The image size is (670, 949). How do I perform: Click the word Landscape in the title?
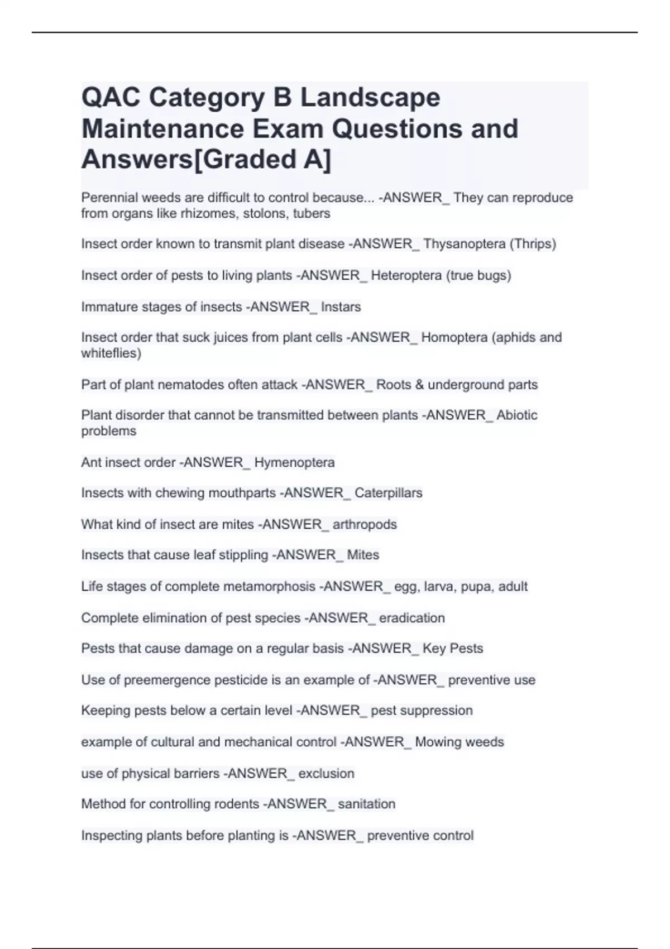point(370,98)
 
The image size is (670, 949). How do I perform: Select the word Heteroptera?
point(406,275)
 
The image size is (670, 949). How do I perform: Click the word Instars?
point(341,307)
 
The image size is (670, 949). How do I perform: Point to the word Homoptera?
point(454,338)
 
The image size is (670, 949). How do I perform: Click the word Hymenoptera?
point(294,462)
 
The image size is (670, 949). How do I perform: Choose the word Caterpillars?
point(388,493)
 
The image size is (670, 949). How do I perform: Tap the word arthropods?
point(365,524)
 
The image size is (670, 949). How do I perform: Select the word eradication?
point(411,618)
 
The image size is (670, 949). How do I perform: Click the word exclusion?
point(326,773)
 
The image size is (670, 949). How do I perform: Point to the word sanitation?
point(366,804)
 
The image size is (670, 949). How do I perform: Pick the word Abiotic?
point(517,415)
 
